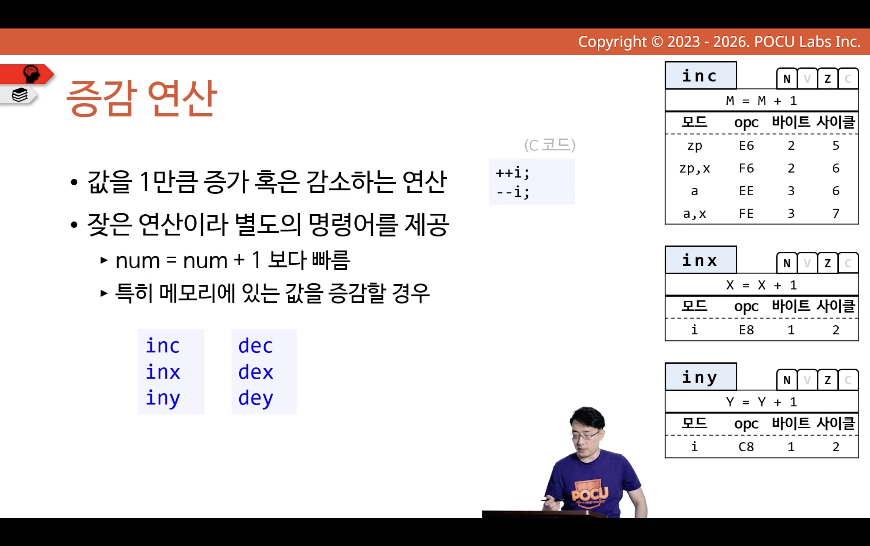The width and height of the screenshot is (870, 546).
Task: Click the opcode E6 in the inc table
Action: pos(746,146)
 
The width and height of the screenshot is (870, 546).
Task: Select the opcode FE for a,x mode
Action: pos(746,213)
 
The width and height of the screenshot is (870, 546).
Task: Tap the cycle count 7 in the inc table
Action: pos(836,213)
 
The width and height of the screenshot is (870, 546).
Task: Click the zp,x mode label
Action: pos(695,168)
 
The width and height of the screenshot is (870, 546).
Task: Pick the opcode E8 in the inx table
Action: pos(746,330)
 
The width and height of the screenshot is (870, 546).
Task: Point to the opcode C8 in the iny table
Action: pos(746,447)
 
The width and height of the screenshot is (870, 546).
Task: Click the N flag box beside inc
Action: pos(787,78)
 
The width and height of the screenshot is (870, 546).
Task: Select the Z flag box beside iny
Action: pos(828,379)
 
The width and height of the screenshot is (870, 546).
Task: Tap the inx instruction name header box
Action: pos(701,260)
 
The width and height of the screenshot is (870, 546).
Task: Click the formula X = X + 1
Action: pos(761,285)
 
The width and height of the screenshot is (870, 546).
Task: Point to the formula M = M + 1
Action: pos(761,100)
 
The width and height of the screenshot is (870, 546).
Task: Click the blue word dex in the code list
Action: pos(256,372)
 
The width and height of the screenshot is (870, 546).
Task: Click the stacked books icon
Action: pos(20,95)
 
